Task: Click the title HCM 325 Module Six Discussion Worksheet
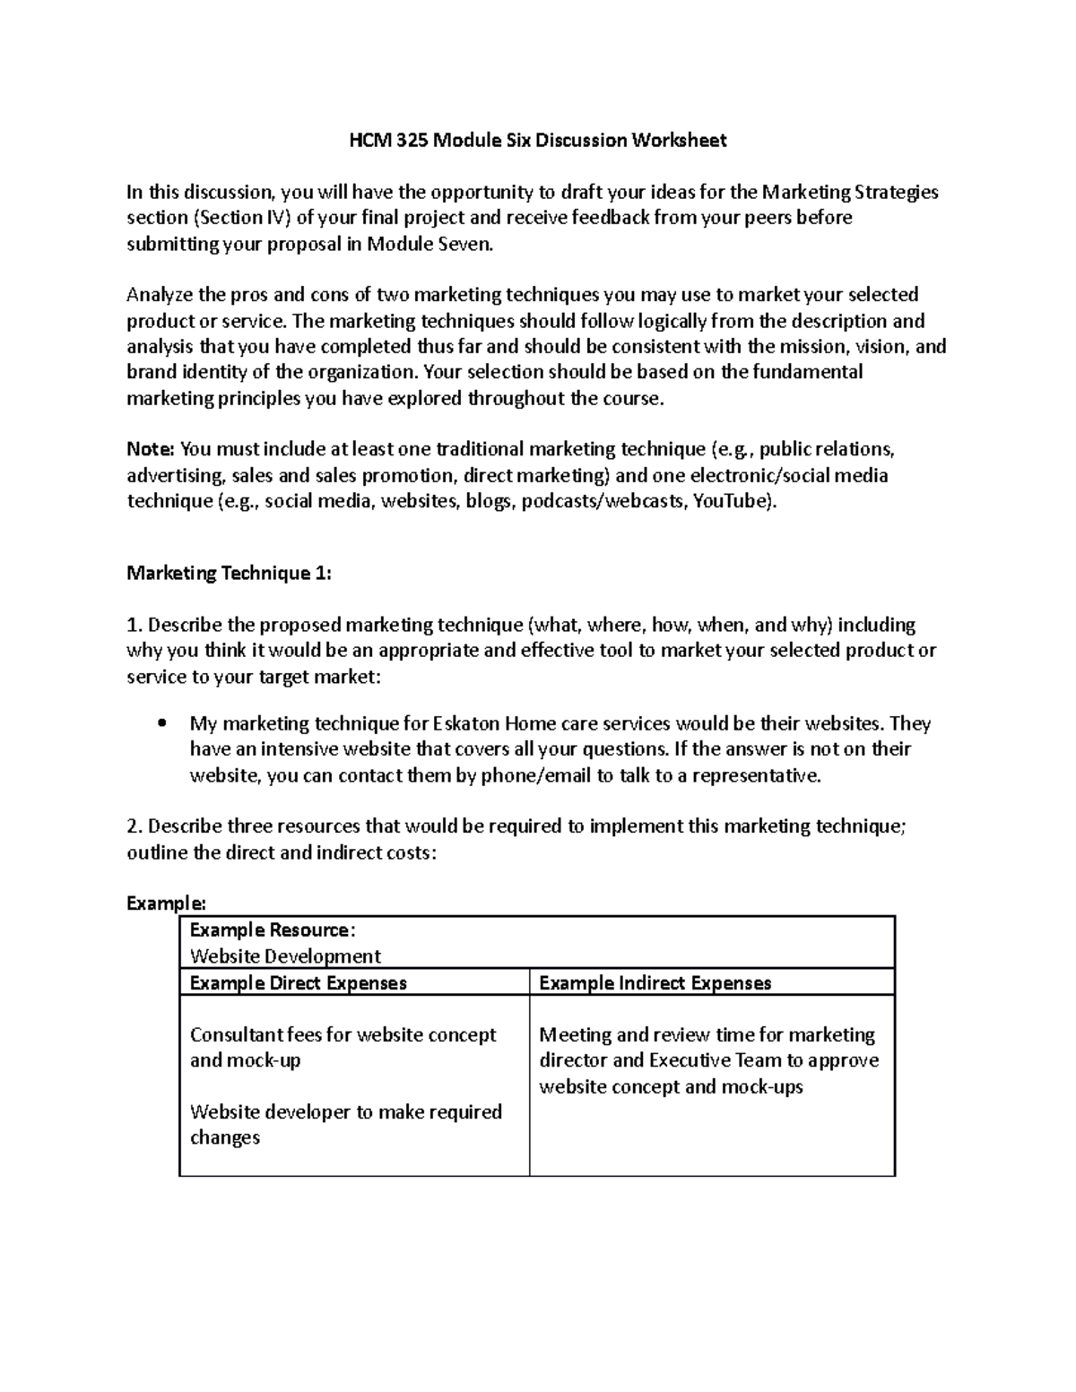pyautogui.click(x=537, y=140)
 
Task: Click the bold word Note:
pyautogui.click(x=152, y=449)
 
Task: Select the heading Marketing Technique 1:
pyautogui.click(x=229, y=574)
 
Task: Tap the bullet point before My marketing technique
pyautogui.click(x=162, y=723)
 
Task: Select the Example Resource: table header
pyautogui.click(x=273, y=930)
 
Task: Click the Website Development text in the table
pyautogui.click(x=285, y=956)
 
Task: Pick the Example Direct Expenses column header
pyautogui.click(x=298, y=983)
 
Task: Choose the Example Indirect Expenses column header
pyautogui.click(x=655, y=983)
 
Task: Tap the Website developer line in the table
pyautogui.click(x=345, y=1112)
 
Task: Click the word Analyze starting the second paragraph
pyautogui.click(x=160, y=295)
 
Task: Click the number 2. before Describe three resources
pyautogui.click(x=134, y=826)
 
